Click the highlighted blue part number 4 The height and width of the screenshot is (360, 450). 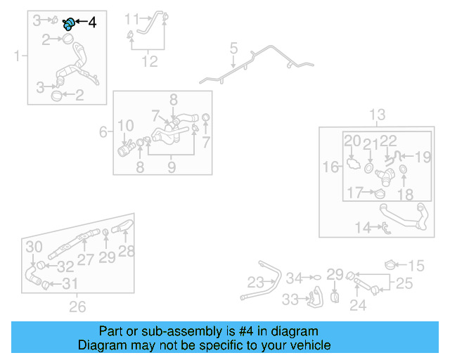69,23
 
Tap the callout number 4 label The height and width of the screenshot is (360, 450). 91,22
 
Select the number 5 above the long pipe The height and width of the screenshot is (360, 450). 234,49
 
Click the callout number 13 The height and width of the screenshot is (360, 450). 378,115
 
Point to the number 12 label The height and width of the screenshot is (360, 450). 149,61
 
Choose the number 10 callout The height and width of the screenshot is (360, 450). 125,127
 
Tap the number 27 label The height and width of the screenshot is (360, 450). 85,259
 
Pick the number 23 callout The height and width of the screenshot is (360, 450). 256,283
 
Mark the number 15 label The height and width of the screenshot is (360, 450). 416,266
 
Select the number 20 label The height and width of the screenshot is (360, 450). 352,141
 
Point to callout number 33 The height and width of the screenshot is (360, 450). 290,300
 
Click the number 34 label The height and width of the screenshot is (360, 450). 294,278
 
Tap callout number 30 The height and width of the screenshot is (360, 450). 34,247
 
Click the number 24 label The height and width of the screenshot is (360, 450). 358,305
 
